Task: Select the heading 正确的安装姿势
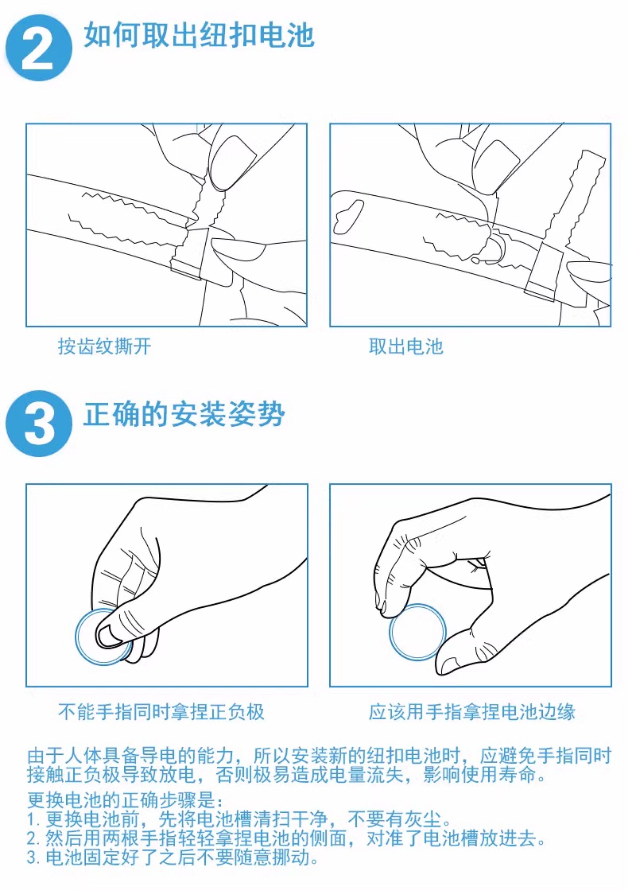click(184, 414)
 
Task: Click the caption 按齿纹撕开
click(104, 346)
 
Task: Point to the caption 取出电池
click(406, 346)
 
